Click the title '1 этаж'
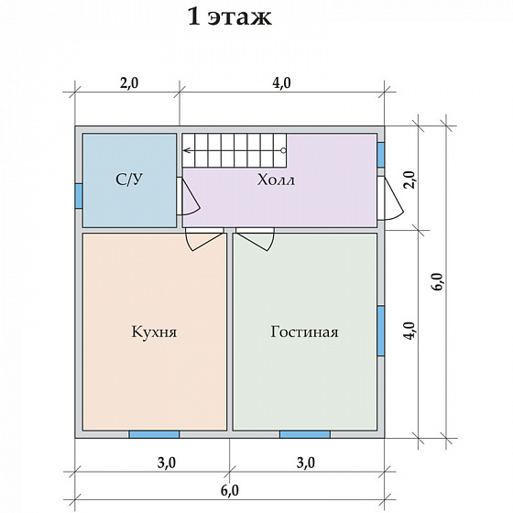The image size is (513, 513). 230,16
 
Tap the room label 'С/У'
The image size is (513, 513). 129,180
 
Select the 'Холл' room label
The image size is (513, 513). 276,180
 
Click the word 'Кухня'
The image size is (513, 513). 154,332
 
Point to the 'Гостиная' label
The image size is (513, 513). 304,332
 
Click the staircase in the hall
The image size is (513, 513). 235,150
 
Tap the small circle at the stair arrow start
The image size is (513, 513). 283,150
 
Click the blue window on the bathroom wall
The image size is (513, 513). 79,196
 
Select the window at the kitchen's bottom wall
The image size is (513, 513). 154,434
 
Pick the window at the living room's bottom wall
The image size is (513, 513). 304,434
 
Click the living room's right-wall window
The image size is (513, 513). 381,331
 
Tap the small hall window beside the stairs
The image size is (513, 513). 381,155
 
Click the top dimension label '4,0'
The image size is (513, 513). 281,83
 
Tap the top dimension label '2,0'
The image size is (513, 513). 129,83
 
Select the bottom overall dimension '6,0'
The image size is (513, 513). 229,491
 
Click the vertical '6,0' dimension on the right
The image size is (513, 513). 439,280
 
